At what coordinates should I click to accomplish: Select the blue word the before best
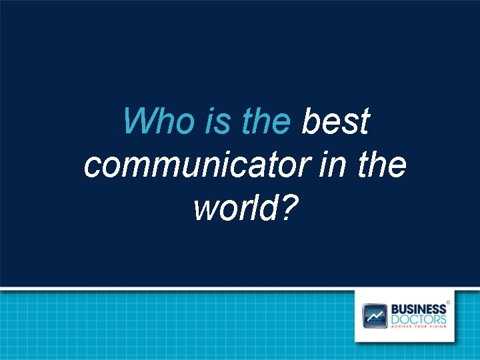[266, 122]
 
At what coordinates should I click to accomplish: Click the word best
[335, 122]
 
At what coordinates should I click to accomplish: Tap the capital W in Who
[137, 122]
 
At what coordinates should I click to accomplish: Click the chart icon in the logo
[375, 315]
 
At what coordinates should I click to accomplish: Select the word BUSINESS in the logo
[418, 309]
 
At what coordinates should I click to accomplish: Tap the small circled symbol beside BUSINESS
[448, 302]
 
